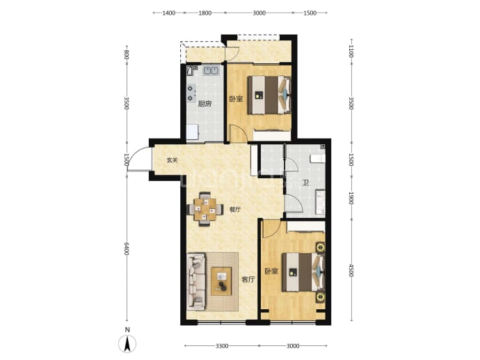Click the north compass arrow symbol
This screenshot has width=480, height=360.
[x=127, y=343]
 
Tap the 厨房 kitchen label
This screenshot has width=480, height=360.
[x=205, y=104]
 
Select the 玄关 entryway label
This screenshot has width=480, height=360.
[x=172, y=160]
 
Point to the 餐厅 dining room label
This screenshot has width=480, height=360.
[x=235, y=210]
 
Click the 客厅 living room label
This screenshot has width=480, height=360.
[x=248, y=279]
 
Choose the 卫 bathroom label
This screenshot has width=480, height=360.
[x=305, y=183]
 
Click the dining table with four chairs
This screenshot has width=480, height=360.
[x=205, y=210]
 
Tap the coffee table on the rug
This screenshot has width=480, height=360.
[x=221, y=281]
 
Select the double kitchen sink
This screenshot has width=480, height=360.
[x=211, y=70]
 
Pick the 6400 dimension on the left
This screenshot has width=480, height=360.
[x=127, y=249]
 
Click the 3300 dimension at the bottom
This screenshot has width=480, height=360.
[x=222, y=346]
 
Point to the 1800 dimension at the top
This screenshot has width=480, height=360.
[x=205, y=13]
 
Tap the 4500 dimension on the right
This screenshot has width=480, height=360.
[x=351, y=271]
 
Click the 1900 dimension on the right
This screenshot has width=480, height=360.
[x=351, y=198]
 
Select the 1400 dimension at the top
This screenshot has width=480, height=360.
[x=168, y=13]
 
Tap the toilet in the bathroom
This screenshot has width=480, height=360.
[x=317, y=159]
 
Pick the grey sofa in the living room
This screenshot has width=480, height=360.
[x=196, y=281]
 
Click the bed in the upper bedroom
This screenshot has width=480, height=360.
[x=269, y=95]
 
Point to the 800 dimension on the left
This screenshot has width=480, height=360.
[x=127, y=55]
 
